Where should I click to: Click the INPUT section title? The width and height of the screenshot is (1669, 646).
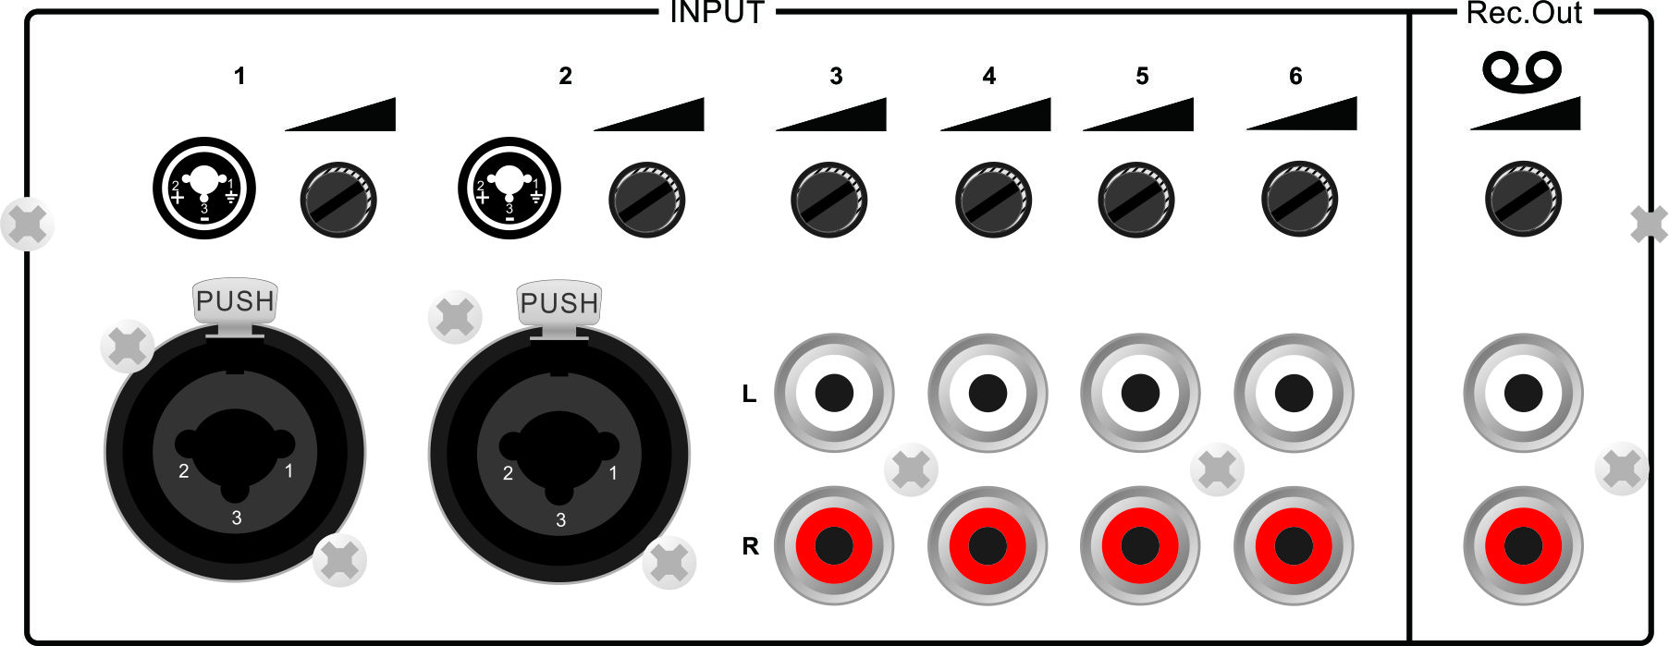click(717, 13)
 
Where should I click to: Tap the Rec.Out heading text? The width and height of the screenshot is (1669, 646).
click(1524, 13)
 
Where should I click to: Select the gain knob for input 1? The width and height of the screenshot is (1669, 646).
click(338, 200)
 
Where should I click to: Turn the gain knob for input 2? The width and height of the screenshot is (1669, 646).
click(647, 200)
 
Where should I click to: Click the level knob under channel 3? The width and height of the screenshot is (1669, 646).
click(829, 200)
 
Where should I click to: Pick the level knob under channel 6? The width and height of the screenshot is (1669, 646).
click(1300, 200)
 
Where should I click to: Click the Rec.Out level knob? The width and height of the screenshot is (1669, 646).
click(1523, 199)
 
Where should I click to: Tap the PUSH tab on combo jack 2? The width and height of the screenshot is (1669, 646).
click(559, 303)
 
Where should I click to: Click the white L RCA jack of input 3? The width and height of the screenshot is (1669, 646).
click(834, 393)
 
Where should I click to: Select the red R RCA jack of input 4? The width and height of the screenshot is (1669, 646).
click(988, 546)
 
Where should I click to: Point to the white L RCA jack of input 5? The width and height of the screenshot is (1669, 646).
click(1140, 393)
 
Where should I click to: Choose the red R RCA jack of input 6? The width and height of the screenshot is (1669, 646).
click(1294, 546)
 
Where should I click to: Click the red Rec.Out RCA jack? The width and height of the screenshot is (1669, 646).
click(1523, 546)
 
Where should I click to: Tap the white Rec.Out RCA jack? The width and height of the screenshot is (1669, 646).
click(1523, 394)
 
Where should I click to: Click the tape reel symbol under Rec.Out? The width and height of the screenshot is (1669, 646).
click(1522, 69)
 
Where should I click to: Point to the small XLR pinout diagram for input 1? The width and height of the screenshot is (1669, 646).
click(204, 188)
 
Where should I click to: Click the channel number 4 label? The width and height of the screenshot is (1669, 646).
click(989, 76)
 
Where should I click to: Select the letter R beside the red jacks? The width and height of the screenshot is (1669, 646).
click(750, 546)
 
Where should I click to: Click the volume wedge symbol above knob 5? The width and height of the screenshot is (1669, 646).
click(1138, 114)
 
